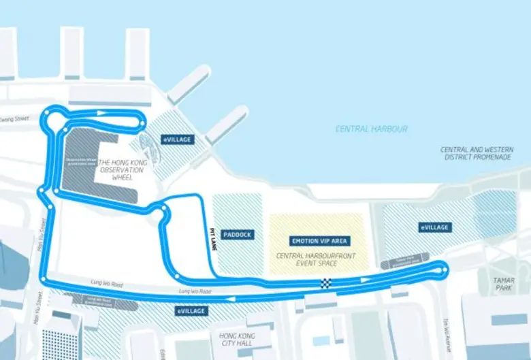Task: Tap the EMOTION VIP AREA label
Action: [319, 241]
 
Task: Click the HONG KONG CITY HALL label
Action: [236, 340]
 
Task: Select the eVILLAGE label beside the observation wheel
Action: [177, 140]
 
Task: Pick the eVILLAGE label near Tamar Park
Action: [434, 227]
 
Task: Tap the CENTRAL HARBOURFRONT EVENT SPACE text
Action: [319, 260]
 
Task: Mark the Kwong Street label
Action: [15, 118]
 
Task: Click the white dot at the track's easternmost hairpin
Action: [445, 270]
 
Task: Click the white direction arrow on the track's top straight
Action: [101, 113]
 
